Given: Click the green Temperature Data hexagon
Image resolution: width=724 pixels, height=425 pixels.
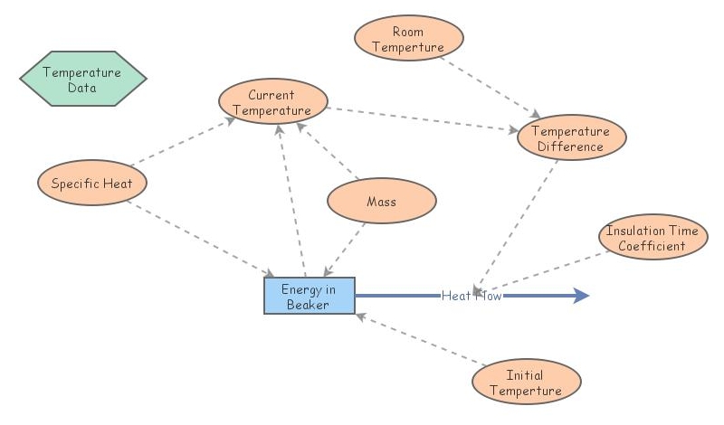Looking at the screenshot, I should (x=82, y=80).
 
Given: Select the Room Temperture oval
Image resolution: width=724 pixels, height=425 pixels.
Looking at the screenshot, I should (x=407, y=39).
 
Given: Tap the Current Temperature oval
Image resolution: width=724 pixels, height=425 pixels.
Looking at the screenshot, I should (x=272, y=102).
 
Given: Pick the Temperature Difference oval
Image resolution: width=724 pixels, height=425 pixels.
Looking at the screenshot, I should (x=570, y=138).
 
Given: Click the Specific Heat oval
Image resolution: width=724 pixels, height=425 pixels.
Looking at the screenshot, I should (x=92, y=184).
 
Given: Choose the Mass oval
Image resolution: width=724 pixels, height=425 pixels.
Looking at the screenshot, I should (x=381, y=202).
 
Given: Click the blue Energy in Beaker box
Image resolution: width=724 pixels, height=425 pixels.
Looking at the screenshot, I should (x=309, y=297).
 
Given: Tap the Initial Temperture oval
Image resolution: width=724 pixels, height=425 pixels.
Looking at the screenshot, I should (x=526, y=382).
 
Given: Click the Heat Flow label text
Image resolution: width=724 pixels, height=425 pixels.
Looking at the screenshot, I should (x=471, y=296).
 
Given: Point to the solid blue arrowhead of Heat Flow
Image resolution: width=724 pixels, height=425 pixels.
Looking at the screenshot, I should (x=579, y=296).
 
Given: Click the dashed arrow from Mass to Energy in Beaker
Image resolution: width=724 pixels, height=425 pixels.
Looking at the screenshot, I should (x=348, y=248).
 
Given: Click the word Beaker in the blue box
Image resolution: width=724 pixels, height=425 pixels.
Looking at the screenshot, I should (x=309, y=305).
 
